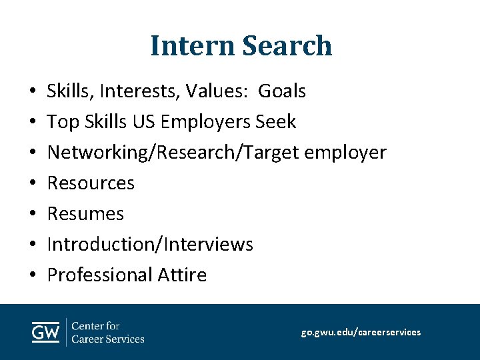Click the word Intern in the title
(x=193, y=46)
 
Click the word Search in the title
(x=287, y=46)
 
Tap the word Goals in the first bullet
(x=282, y=91)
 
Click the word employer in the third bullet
(x=345, y=152)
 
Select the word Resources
(x=91, y=183)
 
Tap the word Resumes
(x=85, y=213)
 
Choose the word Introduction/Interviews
(x=150, y=244)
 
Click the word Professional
(x=100, y=275)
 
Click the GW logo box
(x=46, y=332)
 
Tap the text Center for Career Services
(x=107, y=332)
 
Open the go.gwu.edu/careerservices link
(x=361, y=332)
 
